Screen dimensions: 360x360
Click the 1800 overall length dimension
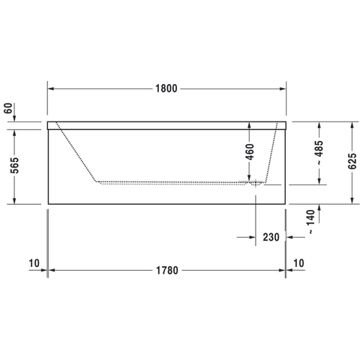pos(166,88)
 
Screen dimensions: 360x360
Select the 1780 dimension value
pos(167,270)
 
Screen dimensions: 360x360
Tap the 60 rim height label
pos(8,108)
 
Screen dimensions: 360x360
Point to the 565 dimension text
pos(14,165)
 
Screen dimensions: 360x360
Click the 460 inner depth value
pos(250,151)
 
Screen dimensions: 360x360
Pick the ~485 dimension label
pos(319,152)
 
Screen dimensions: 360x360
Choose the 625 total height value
pos(352,160)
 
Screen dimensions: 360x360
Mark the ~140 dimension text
pos(310,222)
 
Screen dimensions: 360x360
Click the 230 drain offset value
pos(271,237)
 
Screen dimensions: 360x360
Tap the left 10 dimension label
pos(34,263)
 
